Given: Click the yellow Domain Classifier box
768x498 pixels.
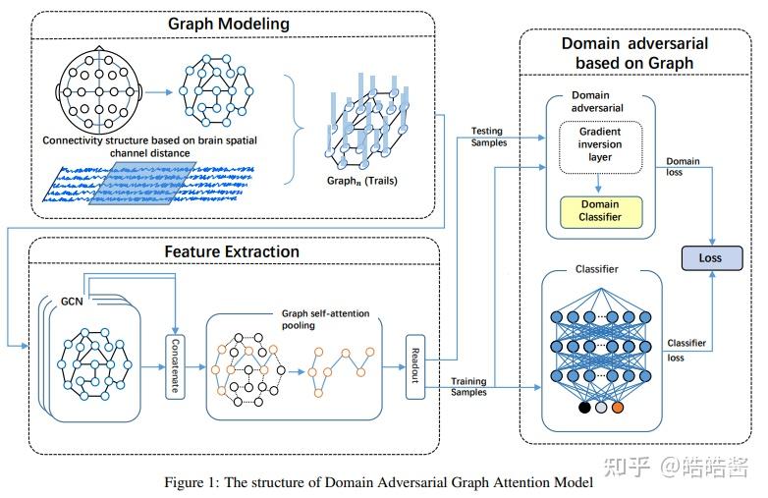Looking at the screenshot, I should pyautogui.click(x=600, y=210).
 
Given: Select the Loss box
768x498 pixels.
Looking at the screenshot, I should pyautogui.click(x=709, y=258).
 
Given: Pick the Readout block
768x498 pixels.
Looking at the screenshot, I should pyautogui.click(x=413, y=366).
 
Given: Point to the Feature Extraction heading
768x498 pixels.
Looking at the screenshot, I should pyautogui.click(x=232, y=251).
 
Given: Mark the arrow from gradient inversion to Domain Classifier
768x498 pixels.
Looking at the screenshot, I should pyautogui.click(x=599, y=182).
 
